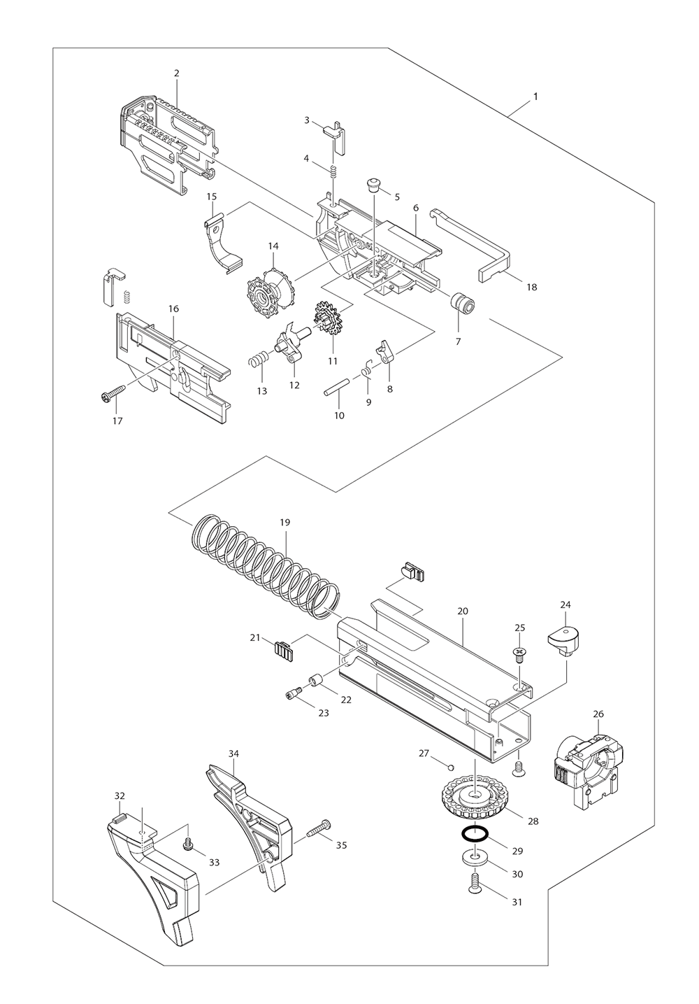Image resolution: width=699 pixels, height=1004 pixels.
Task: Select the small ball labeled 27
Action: click(451, 767)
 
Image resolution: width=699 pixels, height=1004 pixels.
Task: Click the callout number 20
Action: click(463, 611)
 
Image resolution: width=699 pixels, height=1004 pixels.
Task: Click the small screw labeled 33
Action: click(187, 846)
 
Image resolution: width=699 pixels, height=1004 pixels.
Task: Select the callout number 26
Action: click(598, 714)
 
